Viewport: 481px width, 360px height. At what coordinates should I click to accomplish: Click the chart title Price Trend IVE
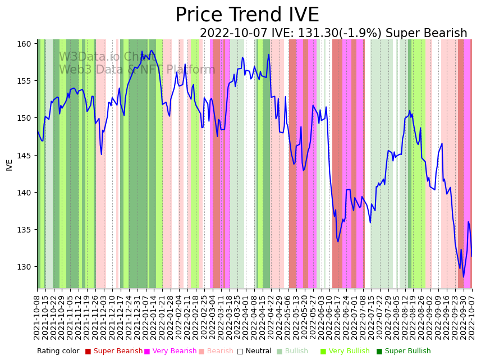tap(247, 15)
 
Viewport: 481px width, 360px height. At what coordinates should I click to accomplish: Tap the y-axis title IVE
tap(10, 165)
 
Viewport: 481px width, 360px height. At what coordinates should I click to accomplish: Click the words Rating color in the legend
tap(58, 351)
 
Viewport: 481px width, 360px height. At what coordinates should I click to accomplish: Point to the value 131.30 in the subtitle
tap(307, 34)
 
